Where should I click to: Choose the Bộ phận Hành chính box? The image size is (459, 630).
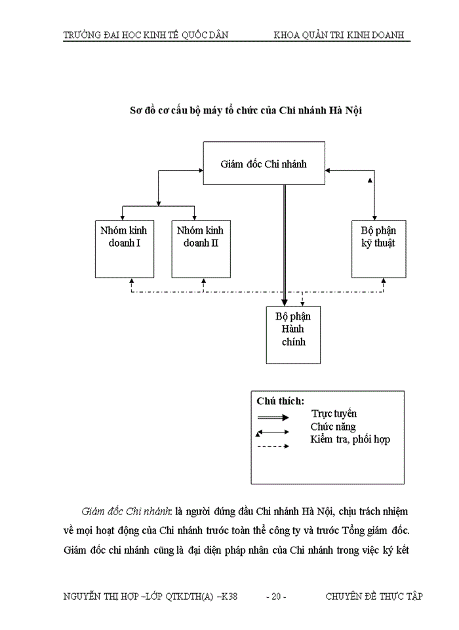[x=293, y=334]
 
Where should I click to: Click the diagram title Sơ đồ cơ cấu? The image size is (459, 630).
[x=245, y=110]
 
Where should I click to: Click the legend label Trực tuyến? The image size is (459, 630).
[x=334, y=414]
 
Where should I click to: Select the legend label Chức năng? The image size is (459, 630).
[x=333, y=427]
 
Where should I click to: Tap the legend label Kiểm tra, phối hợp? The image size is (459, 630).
[x=350, y=440]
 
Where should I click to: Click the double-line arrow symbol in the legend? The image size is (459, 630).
[x=272, y=417]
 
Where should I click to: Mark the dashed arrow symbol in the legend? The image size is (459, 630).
[x=272, y=446]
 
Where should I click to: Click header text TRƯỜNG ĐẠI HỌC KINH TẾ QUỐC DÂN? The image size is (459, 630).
[x=146, y=35]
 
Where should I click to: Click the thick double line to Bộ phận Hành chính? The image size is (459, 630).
[x=285, y=243]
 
